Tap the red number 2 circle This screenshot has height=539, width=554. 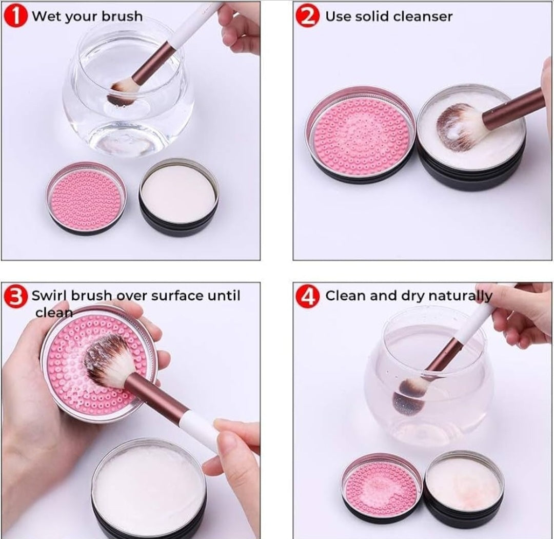(x=307, y=16)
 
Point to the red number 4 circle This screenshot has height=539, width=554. (x=307, y=297)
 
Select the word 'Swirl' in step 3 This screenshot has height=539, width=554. (x=49, y=296)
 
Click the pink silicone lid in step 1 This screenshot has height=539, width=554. (x=86, y=196)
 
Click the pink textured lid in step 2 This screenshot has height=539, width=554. (x=359, y=134)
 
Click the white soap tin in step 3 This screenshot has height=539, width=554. (x=149, y=490)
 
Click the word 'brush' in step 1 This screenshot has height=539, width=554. (x=122, y=16)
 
